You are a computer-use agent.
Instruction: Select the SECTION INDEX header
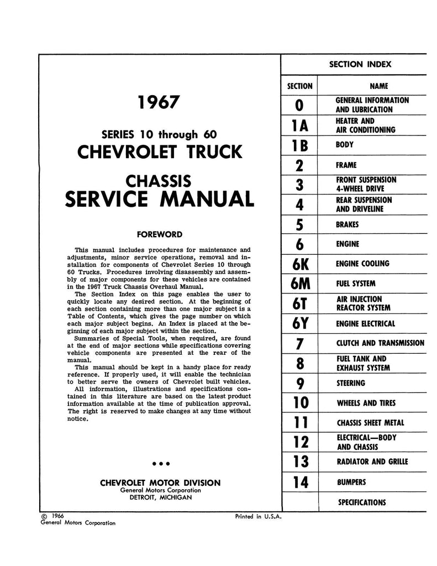pos(360,64)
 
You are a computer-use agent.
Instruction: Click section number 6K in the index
pos(298,264)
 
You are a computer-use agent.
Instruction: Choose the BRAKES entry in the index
pos(347,225)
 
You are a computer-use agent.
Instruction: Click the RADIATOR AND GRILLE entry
pos(372,462)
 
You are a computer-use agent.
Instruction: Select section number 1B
pos(298,146)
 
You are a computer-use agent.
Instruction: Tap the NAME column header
pos(378,86)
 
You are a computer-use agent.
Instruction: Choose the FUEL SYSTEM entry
pos(355,284)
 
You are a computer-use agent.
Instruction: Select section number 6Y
pos(298,323)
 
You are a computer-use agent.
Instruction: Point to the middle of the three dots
pos(160,463)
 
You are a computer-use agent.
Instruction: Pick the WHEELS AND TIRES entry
pos(366,403)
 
